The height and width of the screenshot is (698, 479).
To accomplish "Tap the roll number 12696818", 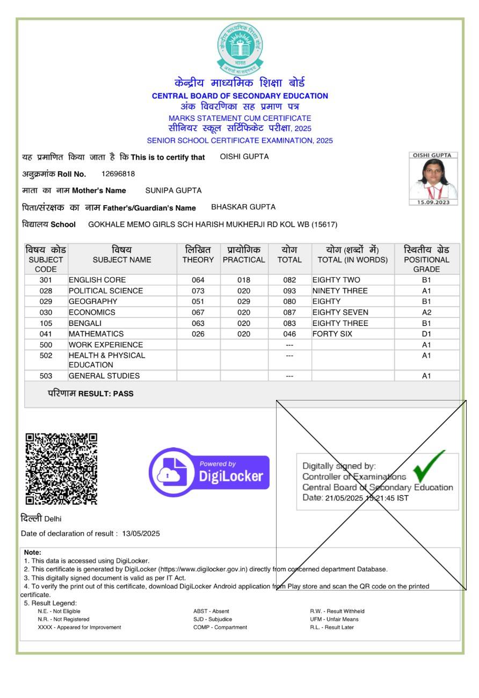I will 118,174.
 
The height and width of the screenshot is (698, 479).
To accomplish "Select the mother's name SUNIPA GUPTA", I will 173,191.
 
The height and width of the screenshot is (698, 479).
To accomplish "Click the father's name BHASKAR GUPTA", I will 243,207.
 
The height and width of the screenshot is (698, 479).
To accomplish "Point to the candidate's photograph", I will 433,179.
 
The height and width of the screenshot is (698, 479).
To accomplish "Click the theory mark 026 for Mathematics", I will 198,334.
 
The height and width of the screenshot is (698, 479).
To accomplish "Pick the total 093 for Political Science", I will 289,291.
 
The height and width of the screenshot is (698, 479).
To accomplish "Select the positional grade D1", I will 426,334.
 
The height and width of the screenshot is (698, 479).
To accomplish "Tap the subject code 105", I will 46,323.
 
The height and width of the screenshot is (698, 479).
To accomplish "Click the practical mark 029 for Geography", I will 244,302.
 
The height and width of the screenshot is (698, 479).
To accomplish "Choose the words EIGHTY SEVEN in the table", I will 340,312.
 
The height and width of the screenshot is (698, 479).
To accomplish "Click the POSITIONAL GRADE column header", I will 426,259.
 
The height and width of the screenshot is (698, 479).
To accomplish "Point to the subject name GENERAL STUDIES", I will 104,376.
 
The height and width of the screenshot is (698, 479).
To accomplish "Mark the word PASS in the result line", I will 123,394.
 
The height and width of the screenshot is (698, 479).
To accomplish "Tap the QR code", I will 61,469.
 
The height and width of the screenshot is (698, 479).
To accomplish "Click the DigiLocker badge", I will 209,472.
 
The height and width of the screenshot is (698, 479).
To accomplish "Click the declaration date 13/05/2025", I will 141,534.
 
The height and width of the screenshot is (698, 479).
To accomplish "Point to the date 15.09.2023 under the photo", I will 433,202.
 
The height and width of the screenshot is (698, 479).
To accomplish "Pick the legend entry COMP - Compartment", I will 220,627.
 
